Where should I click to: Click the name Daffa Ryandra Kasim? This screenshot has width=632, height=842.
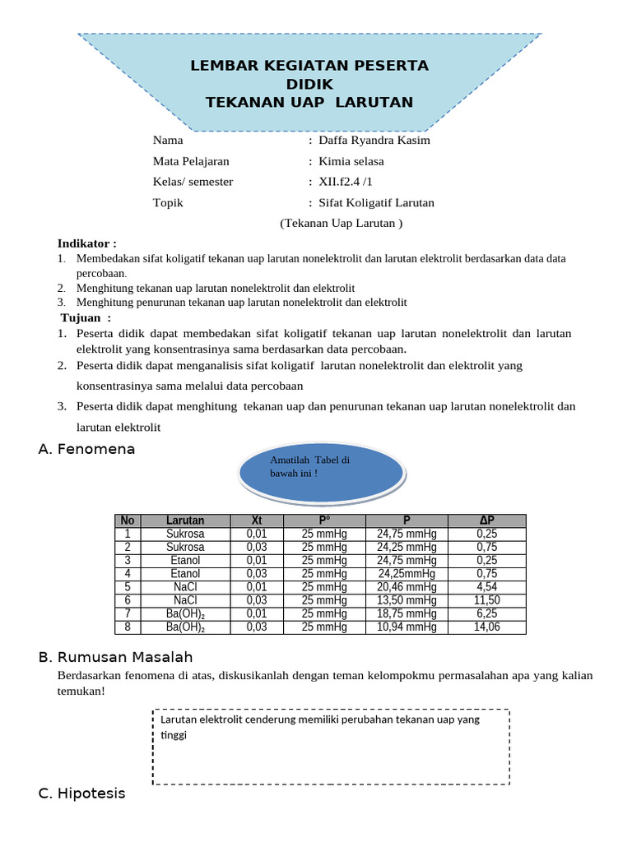(374, 140)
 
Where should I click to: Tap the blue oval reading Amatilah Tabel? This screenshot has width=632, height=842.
(322, 473)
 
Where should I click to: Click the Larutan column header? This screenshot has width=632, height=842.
(185, 520)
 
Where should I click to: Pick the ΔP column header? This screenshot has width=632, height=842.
(487, 520)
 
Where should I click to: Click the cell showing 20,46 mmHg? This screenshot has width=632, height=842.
(407, 587)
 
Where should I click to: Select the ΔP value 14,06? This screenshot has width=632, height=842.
(487, 627)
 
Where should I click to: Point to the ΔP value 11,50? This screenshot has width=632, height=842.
(487, 600)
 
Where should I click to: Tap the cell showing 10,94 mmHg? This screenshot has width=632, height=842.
(407, 627)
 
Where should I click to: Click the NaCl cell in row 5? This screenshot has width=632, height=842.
(185, 587)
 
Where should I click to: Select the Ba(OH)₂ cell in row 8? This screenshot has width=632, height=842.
(185, 627)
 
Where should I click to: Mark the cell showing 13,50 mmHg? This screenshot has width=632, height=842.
(407, 600)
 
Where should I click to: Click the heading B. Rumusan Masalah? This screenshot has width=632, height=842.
(115, 657)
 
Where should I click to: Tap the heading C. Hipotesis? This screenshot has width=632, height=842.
(82, 793)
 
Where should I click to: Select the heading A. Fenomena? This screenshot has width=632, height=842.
(86, 449)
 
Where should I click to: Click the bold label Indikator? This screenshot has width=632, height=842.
(86, 243)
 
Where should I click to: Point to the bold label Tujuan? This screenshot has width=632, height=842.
(86, 318)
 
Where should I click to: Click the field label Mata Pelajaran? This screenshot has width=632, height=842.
(191, 161)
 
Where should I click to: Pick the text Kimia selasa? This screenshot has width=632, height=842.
(351, 161)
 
